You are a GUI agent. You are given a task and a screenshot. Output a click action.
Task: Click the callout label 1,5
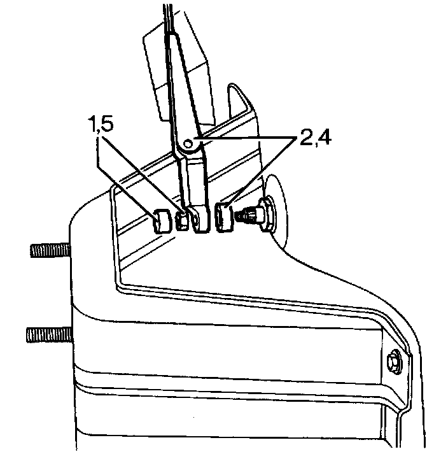(103, 124)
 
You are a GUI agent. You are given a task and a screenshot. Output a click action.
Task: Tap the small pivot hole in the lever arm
(188, 144)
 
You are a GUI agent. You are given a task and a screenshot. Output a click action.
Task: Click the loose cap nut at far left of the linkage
(162, 222)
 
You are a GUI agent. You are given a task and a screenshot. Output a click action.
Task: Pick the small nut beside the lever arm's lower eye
(182, 220)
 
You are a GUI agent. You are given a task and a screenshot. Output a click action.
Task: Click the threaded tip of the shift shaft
(243, 216)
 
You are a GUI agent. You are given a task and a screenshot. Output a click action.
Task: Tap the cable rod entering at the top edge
(166, 16)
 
